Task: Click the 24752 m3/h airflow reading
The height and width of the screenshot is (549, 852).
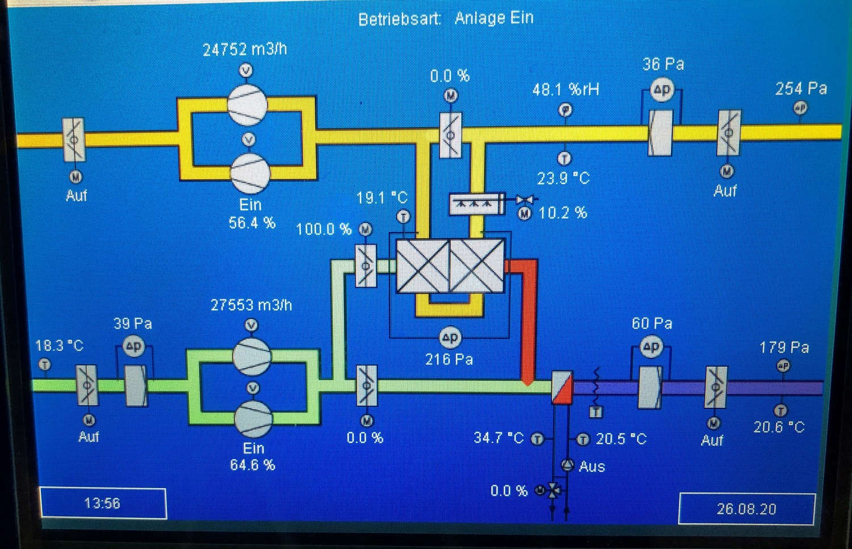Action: tap(245, 49)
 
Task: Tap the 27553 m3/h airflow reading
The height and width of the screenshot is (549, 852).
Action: tap(251, 305)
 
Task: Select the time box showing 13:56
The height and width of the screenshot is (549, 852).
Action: tap(103, 504)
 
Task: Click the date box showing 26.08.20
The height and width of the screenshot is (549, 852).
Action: tap(746, 509)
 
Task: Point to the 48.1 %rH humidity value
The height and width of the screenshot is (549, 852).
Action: tap(566, 89)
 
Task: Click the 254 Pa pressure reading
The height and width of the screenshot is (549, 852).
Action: tap(801, 89)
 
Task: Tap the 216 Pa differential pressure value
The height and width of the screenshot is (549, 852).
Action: tap(449, 359)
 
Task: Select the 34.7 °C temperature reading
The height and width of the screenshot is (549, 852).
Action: tap(498, 438)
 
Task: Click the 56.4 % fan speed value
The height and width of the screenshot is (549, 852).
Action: tap(252, 223)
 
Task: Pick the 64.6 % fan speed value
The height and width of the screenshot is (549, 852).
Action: tap(252, 465)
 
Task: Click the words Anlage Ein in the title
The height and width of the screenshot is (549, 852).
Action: tap(494, 18)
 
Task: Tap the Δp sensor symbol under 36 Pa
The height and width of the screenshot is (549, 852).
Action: tap(662, 90)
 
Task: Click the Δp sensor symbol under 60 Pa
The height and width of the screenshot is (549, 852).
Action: tap(651, 347)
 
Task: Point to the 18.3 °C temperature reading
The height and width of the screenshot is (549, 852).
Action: tap(59, 346)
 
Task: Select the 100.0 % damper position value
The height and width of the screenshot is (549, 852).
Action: tap(324, 230)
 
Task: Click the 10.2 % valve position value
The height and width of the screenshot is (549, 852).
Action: tap(562, 213)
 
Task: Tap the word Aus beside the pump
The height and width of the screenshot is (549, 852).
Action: tap(592, 467)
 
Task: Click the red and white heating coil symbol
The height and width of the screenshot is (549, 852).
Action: tap(562, 387)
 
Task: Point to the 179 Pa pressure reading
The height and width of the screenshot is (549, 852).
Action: tap(784, 347)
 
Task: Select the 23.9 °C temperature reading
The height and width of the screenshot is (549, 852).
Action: tap(563, 178)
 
